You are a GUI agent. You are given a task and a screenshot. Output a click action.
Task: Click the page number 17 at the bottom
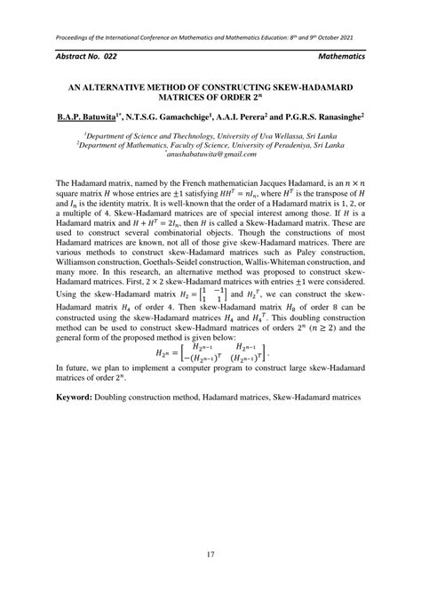click(x=210, y=556)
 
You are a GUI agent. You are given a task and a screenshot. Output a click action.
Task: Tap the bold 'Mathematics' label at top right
click(x=340, y=56)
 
